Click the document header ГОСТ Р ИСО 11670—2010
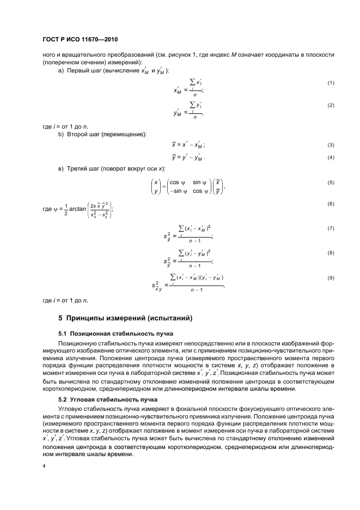(x=81, y=40)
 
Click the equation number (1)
(x=330, y=83)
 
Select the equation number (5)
(x=330, y=183)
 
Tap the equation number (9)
(x=330, y=278)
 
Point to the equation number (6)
(x=330, y=203)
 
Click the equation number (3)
(x=330, y=145)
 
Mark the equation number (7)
(x=330, y=228)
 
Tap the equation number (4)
(x=330, y=158)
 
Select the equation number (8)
(x=330, y=253)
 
